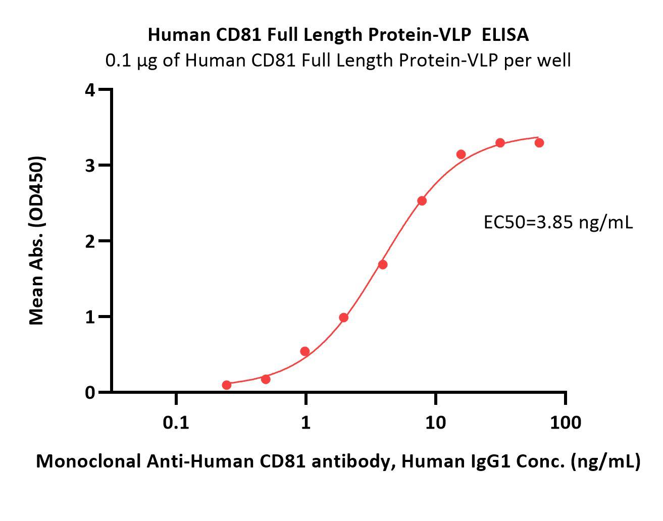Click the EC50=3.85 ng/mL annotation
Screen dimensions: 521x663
tap(558, 222)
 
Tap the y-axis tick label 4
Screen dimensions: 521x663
tap(90, 90)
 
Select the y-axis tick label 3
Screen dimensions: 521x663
tap(90, 166)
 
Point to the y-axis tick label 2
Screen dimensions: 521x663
tap(90, 241)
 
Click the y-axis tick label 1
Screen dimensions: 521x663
tap(90, 317)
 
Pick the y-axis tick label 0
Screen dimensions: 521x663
tap(90, 392)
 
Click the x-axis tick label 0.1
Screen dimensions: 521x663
tap(176, 422)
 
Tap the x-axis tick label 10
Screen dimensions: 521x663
tap(435, 422)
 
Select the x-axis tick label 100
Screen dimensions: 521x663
tap(565, 422)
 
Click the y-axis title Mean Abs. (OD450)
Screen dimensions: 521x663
tap(37, 240)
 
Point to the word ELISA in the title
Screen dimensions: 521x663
tap(505, 34)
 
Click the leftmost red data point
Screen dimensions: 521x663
tap(227, 385)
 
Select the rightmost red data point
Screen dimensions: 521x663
tap(539, 143)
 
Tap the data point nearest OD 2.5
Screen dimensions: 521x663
tap(422, 201)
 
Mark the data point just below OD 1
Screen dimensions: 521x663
tap(344, 318)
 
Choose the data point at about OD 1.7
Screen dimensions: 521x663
tap(383, 265)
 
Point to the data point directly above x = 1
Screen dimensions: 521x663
tap(305, 351)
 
